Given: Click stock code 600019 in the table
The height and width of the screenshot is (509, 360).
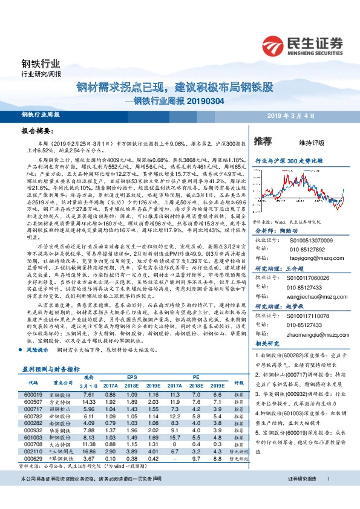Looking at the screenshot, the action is pyautogui.click(x=33, y=394).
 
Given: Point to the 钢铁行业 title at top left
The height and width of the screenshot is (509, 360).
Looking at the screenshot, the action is pyautogui.click(x=41, y=63).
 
